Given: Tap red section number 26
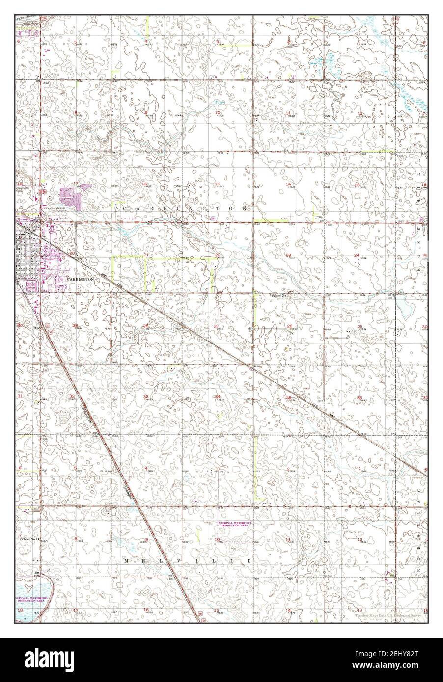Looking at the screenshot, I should pos(289,326).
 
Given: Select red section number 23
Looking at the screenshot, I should pos(289,255).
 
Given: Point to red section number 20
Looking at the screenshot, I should pos(73,253).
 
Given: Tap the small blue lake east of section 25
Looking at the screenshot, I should pos(406,309).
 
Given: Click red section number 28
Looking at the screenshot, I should pos(146,326).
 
